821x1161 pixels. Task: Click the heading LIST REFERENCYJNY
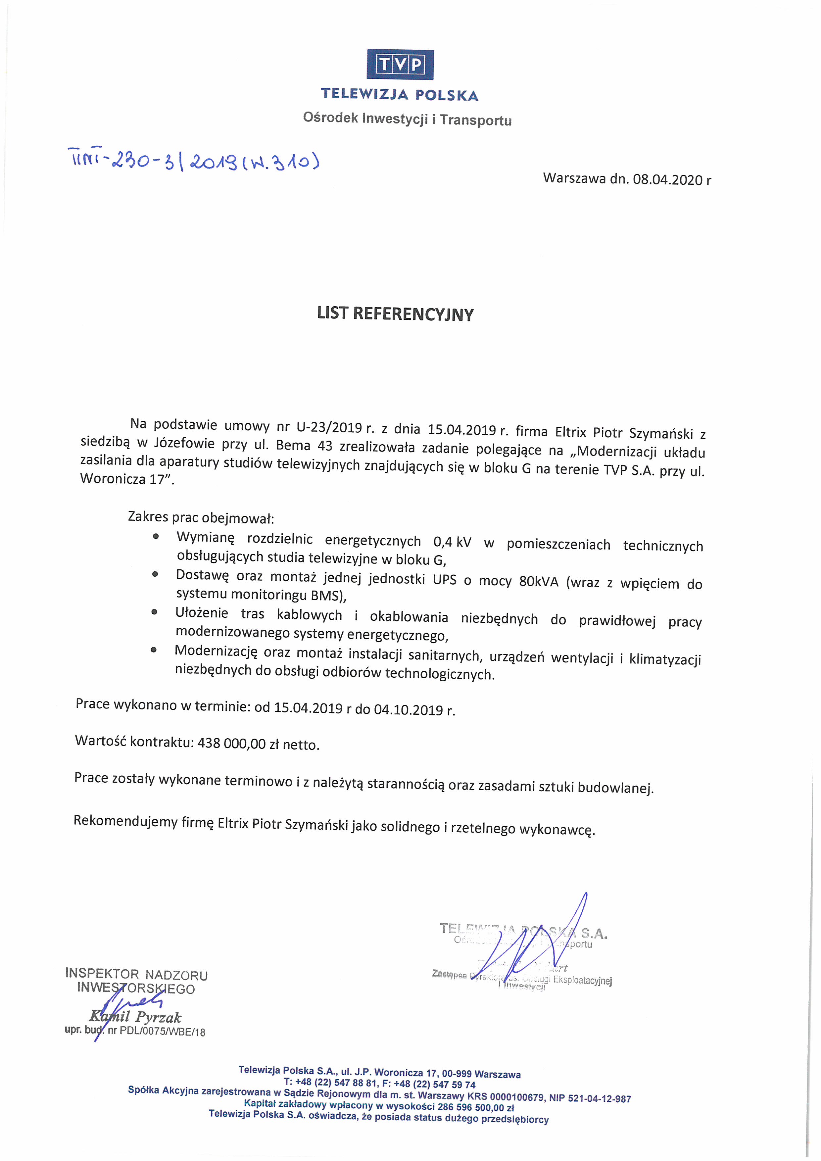tap(395, 314)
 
